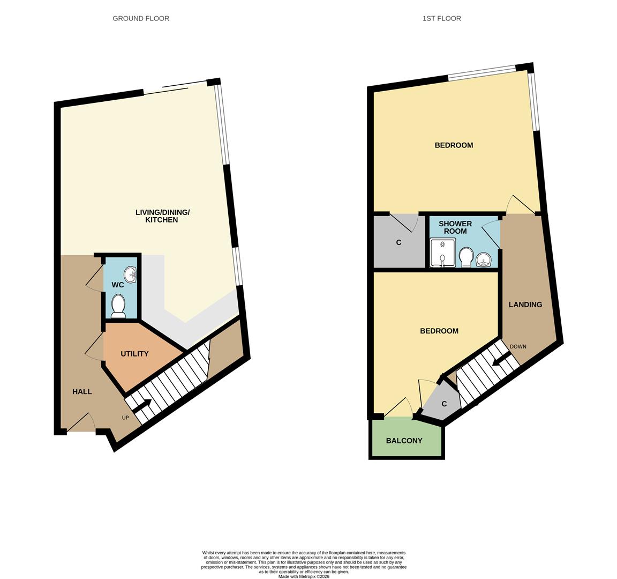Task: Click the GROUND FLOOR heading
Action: [x=141, y=18]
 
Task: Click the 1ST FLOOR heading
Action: [x=441, y=18]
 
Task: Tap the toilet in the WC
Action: [x=118, y=306]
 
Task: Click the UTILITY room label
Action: [x=134, y=354]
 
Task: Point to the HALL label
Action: [x=82, y=391]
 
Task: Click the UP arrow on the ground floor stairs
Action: [x=141, y=409]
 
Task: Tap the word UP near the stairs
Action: [x=125, y=418]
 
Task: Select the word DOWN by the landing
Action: [x=517, y=346]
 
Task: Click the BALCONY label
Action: [x=404, y=441]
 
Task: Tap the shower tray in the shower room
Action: [x=442, y=253]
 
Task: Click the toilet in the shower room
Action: [x=465, y=256]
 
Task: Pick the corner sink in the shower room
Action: [x=484, y=261]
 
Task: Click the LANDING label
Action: [x=525, y=305]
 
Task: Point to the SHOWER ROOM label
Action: [x=455, y=227]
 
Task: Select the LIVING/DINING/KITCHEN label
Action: [x=162, y=216]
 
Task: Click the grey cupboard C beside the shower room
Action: [x=398, y=242]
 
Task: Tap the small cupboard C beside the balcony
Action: [x=444, y=404]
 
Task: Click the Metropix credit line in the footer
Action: [x=304, y=576]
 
